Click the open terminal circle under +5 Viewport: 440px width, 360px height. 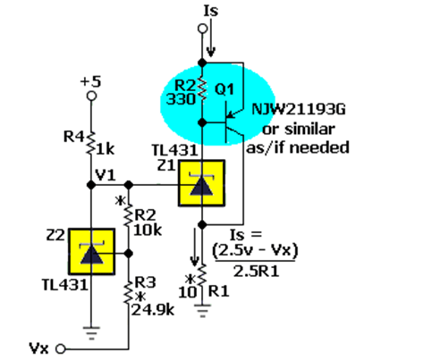(91, 96)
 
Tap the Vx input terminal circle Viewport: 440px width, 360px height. (61, 348)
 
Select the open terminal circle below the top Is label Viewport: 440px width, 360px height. (202, 29)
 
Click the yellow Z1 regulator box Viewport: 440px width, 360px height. (201, 183)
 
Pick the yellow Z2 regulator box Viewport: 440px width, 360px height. (92, 252)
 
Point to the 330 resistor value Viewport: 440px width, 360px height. (181, 99)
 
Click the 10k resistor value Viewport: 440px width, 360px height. (148, 230)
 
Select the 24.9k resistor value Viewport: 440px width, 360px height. (153, 310)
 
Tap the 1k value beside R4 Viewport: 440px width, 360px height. (105, 149)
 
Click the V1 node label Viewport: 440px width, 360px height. (106, 175)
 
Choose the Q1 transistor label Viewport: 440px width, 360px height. (224, 89)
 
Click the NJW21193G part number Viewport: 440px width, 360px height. (299, 109)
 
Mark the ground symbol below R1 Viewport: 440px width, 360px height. (202, 311)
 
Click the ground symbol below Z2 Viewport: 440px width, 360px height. (91, 333)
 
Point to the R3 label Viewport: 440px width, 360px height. (145, 282)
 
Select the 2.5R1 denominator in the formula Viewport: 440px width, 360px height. (256, 272)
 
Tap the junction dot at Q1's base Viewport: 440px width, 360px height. (202, 122)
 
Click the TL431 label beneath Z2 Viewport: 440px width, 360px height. (65, 285)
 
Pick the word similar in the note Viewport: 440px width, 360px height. (309, 129)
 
